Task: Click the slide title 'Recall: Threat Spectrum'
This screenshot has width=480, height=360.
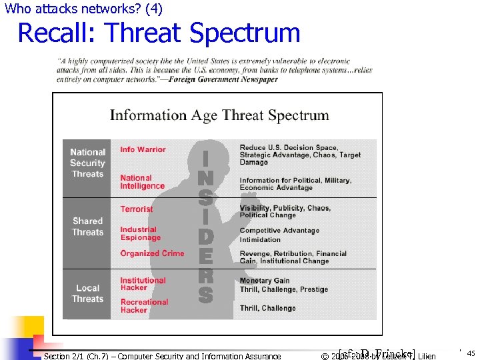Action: click(x=159, y=33)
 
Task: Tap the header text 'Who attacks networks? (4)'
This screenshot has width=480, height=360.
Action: click(x=83, y=9)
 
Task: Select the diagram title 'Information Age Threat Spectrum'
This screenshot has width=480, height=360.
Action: click(x=219, y=115)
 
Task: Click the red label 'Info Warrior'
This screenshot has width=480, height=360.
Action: click(x=143, y=149)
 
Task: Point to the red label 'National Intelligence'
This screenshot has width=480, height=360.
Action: click(x=142, y=182)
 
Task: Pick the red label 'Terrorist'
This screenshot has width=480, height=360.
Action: click(x=136, y=209)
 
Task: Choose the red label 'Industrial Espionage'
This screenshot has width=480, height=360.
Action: click(x=140, y=233)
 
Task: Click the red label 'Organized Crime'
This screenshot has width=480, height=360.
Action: click(x=152, y=253)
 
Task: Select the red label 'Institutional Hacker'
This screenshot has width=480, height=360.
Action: click(x=143, y=284)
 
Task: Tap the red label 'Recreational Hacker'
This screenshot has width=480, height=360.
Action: click(x=144, y=306)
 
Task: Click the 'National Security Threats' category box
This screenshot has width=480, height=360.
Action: click(x=87, y=163)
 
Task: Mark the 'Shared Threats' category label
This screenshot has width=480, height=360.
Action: click(x=87, y=227)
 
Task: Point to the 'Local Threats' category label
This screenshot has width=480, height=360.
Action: click(x=87, y=293)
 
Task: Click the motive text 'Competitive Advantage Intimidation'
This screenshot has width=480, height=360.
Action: click(x=279, y=235)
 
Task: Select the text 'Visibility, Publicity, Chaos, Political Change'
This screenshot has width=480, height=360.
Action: click(x=285, y=211)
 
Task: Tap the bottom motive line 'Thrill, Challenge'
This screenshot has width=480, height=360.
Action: click(x=267, y=308)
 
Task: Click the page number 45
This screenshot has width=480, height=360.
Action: click(x=471, y=353)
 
